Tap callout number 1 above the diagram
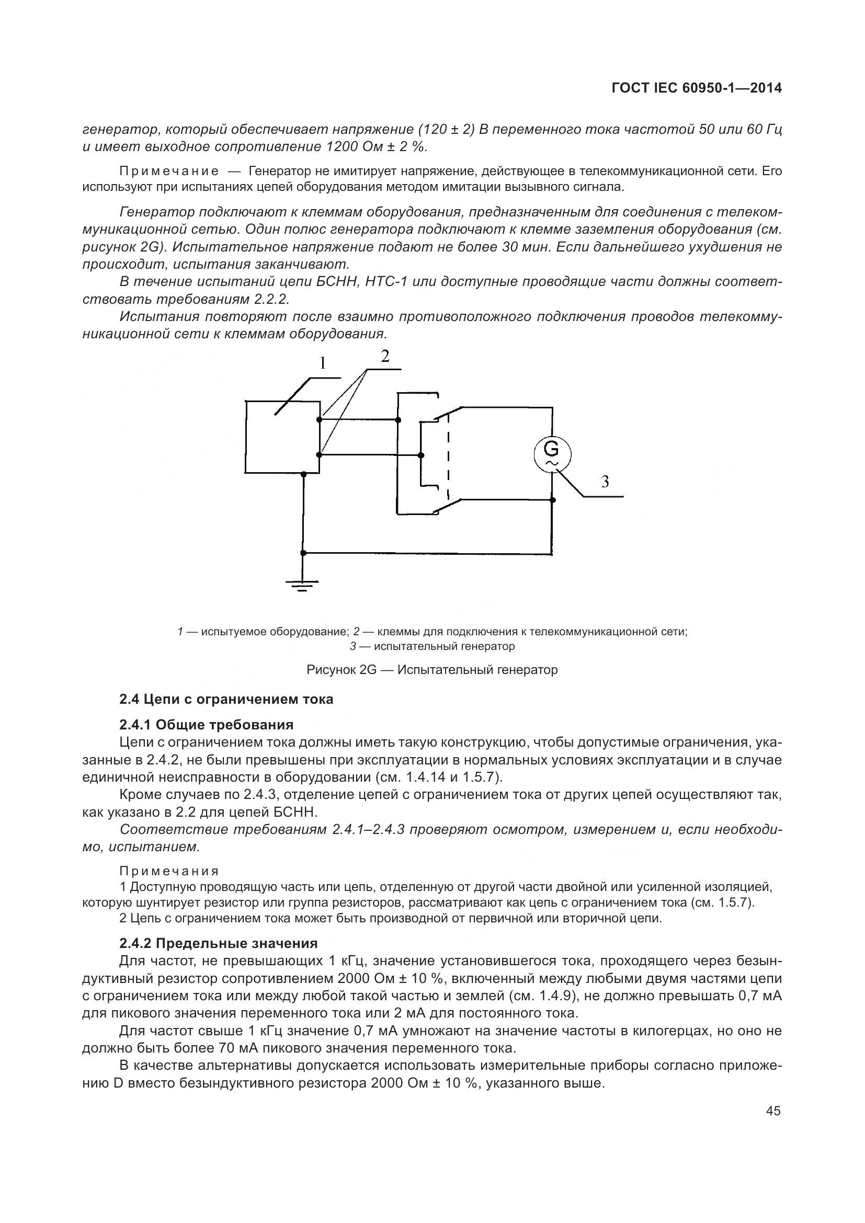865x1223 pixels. tap(322, 363)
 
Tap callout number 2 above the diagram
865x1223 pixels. tap(384, 356)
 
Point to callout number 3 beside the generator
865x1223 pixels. tap(605, 482)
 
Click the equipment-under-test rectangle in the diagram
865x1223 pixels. tap(282, 437)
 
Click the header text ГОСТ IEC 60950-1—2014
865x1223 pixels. tap(696, 88)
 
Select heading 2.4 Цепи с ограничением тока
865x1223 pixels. tap(226, 700)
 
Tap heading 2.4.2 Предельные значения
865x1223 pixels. tap(219, 943)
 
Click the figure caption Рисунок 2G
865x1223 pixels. tap(432, 670)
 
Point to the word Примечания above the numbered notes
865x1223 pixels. tap(169, 871)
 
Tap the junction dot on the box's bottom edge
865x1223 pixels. tap(303, 474)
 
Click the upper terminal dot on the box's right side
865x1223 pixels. tap(319, 420)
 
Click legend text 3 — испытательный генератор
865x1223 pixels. tap(432, 647)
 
